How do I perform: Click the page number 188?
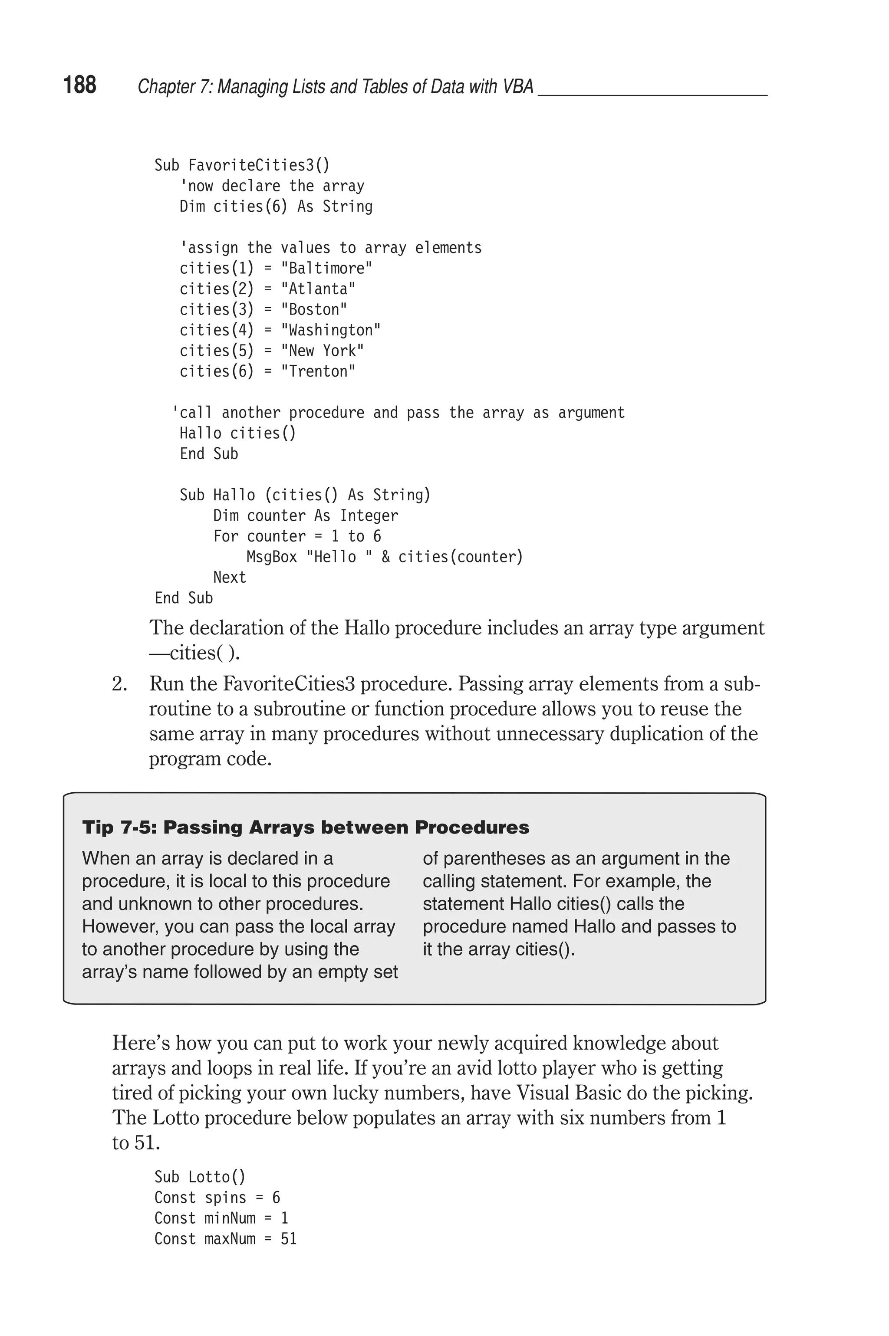80,85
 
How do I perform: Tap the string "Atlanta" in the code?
318,289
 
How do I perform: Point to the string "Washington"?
330,330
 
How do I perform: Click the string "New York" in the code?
322,351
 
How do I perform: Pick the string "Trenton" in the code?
318,371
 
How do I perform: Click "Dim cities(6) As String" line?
276,206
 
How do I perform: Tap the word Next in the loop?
229,578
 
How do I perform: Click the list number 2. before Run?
119,684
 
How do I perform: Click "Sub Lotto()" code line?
200,1177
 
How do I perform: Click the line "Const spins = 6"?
217,1197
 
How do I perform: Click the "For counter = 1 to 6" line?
296,536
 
